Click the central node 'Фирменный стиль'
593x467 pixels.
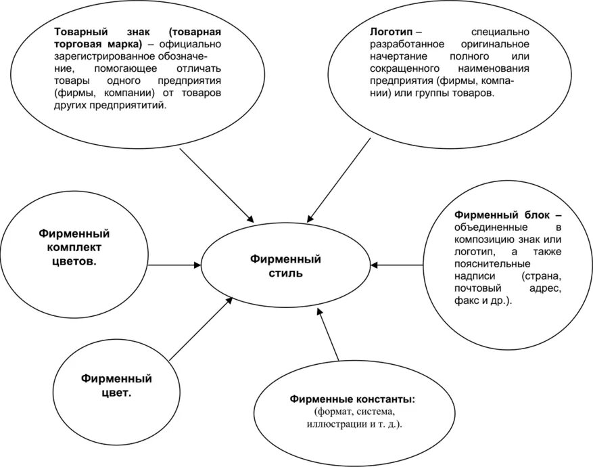pyautogui.click(x=285, y=266)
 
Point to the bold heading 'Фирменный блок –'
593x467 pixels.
pyautogui.click(x=508, y=215)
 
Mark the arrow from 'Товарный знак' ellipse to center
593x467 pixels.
pyautogui.click(x=216, y=184)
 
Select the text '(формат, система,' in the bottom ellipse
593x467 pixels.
pyautogui.click(x=353, y=412)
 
